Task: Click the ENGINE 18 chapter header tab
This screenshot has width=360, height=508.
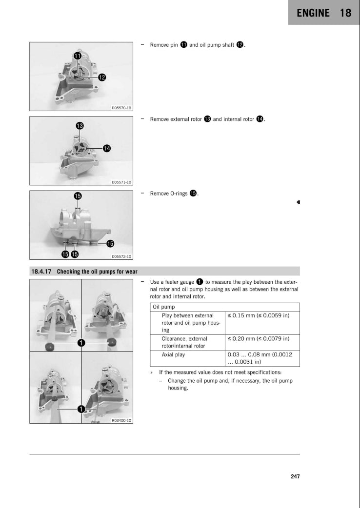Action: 324,13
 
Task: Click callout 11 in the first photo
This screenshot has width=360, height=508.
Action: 78,56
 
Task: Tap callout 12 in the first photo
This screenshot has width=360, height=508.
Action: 102,77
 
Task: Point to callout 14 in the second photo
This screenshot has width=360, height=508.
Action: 106,148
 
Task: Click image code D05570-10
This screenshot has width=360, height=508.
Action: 121,107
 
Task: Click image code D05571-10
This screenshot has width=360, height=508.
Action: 121,182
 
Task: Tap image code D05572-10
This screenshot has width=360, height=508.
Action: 121,256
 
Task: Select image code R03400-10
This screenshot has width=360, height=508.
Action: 121,420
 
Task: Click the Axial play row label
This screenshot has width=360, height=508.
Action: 174,355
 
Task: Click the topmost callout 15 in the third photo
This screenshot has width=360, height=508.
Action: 78,196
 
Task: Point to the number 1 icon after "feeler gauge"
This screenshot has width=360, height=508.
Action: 200,282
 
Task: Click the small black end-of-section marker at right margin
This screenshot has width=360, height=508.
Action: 298,202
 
